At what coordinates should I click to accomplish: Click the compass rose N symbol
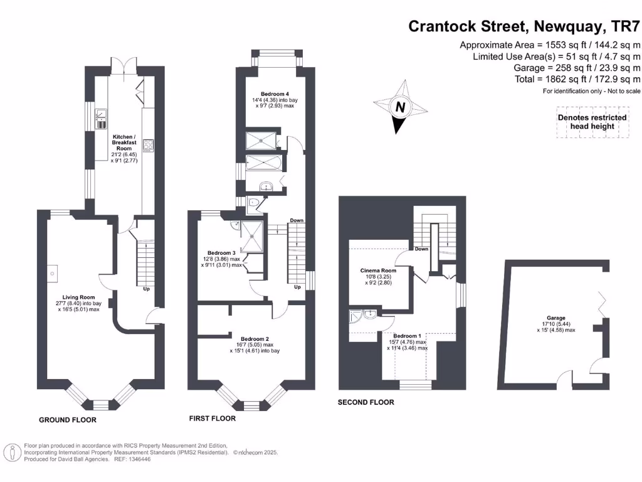(x=399, y=107)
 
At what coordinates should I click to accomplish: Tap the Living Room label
(x=78, y=297)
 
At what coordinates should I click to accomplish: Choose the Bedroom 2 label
(x=255, y=338)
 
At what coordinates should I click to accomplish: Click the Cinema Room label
(x=377, y=270)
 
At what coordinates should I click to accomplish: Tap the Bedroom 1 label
(x=407, y=336)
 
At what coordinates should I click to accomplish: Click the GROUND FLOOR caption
(x=68, y=420)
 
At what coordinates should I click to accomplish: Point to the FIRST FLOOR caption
(x=213, y=418)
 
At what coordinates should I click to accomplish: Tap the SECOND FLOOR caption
(x=366, y=402)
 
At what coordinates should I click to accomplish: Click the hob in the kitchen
(x=149, y=146)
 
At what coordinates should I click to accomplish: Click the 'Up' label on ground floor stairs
(x=146, y=289)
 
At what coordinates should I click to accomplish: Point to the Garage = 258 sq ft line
(x=577, y=68)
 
